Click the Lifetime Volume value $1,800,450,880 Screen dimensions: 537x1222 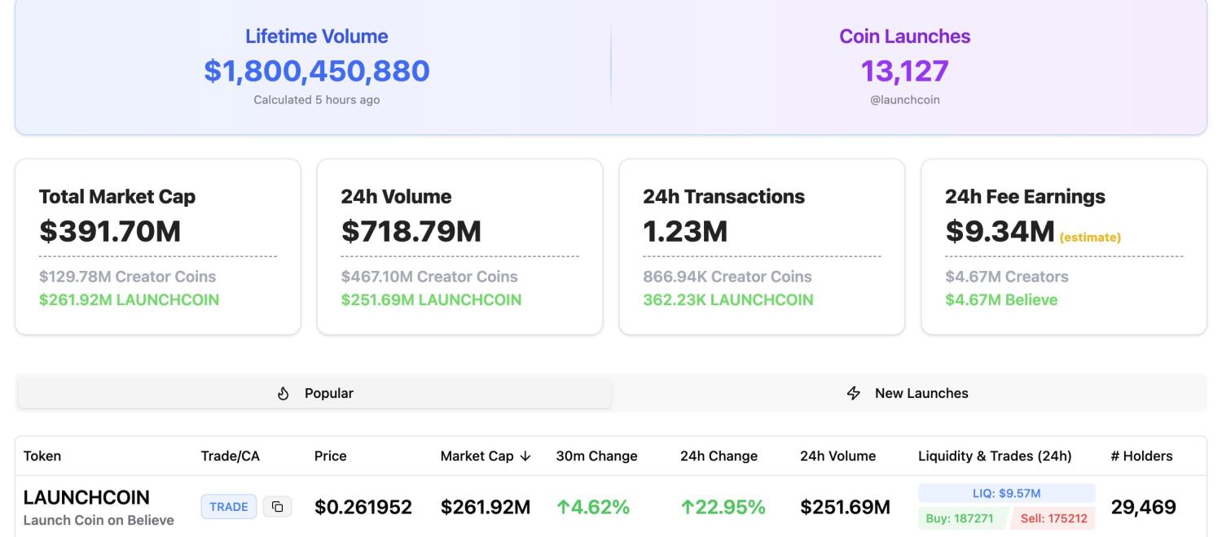pyautogui.click(x=317, y=71)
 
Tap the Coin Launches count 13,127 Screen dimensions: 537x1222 pyautogui.click(x=904, y=71)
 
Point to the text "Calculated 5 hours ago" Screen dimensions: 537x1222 pyautogui.click(x=317, y=100)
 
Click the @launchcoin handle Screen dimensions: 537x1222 pyautogui.click(x=904, y=100)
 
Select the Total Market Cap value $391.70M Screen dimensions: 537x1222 pyautogui.click(x=110, y=232)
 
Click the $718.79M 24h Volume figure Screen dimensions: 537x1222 pyautogui.click(x=411, y=232)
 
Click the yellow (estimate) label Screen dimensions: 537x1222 pyautogui.click(x=1090, y=238)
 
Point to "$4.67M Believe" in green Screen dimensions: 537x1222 pyautogui.click(x=1001, y=299)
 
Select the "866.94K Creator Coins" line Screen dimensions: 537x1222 pyautogui.click(x=727, y=277)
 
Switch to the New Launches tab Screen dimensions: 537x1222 pyautogui.click(x=909, y=393)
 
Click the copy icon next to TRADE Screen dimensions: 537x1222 pyautogui.click(x=278, y=507)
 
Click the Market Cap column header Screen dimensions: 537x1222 pyautogui.click(x=486, y=456)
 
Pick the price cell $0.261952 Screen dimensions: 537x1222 pyautogui.click(x=363, y=508)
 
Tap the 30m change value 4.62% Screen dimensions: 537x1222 pyautogui.click(x=593, y=508)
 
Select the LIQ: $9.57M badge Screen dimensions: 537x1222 pyautogui.click(x=1006, y=493)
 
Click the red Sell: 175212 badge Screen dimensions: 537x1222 pyautogui.click(x=1054, y=518)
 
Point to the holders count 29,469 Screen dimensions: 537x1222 pyautogui.click(x=1143, y=508)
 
